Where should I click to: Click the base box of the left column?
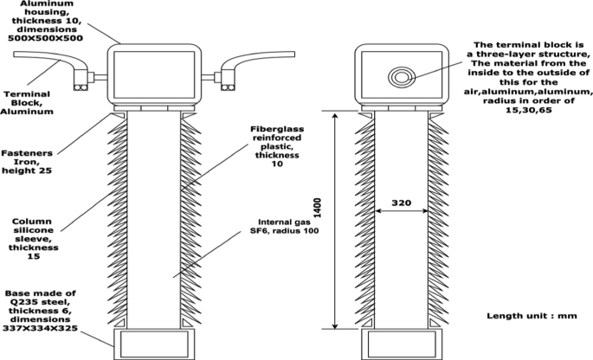(152, 343)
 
